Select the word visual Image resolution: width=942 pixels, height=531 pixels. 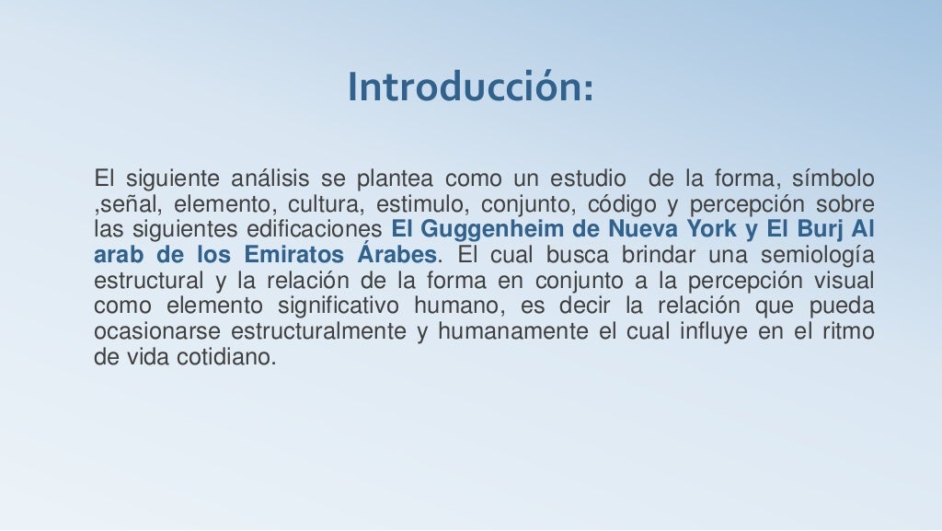click(x=841, y=281)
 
